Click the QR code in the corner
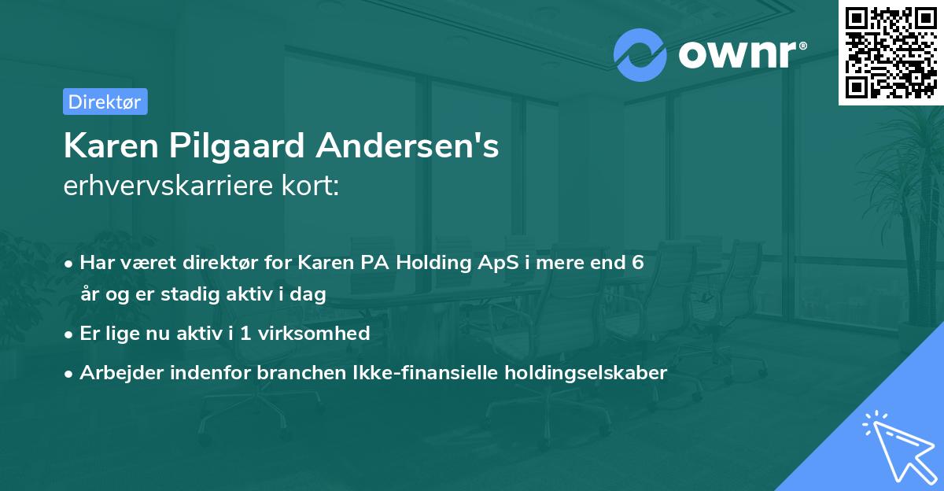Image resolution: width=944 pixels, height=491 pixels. (891, 52)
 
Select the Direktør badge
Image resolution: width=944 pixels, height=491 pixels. (105, 102)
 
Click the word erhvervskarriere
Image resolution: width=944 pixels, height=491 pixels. (166, 186)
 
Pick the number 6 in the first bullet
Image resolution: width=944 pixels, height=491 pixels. (638, 263)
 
